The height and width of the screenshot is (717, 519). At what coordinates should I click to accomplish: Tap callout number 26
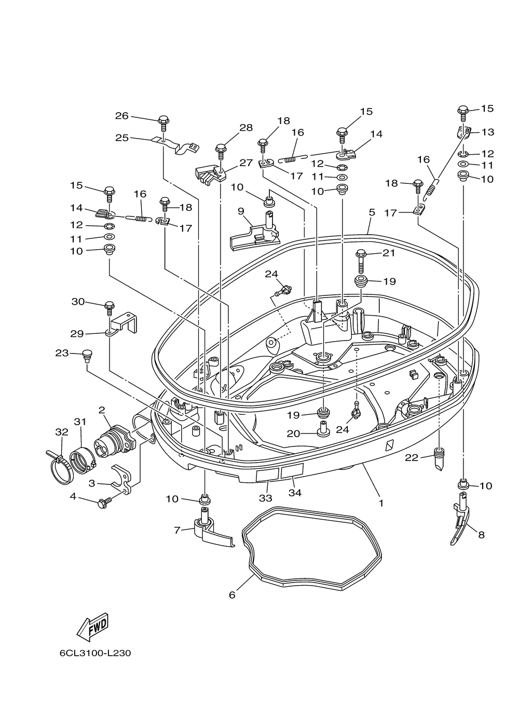(121, 116)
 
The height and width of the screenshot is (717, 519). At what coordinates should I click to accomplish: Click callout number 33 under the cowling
(266, 498)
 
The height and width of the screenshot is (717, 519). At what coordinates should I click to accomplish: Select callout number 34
(295, 493)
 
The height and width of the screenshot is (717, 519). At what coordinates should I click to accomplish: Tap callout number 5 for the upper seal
(372, 212)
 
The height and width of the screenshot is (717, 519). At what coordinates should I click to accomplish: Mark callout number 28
(245, 127)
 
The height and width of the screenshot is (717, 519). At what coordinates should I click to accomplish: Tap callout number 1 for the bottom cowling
(381, 503)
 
